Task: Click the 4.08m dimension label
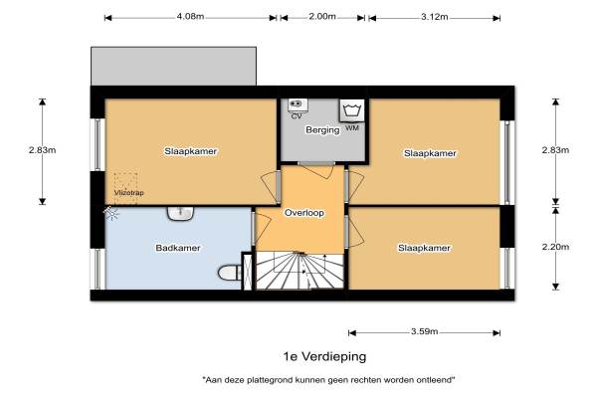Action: tap(190, 17)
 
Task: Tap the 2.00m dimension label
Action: tap(322, 17)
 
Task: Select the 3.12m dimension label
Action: tap(435, 17)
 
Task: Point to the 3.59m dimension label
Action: tap(424, 331)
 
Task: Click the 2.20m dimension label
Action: tap(555, 247)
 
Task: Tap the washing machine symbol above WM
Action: tap(351, 110)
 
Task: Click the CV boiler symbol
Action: tap(298, 104)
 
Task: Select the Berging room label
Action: tap(322, 130)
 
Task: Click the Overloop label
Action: tap(304, 213)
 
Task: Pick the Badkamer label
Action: tap(178, 248)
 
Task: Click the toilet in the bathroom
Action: tap(230, 273)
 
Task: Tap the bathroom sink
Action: tap(181, 213)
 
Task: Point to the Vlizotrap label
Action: tap(129, 193)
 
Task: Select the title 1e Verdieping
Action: tap(324, 356)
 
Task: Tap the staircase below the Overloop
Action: tap(300, 271)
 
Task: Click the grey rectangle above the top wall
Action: tap(173, 67)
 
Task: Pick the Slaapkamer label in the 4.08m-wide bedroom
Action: tap(191, 151)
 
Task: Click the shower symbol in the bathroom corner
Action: tap(110, 213)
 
